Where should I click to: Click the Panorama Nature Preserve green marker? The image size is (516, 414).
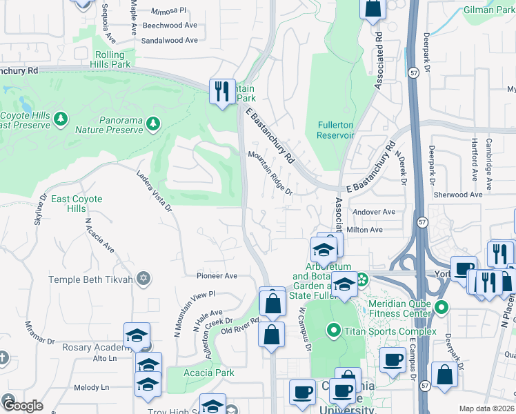152,124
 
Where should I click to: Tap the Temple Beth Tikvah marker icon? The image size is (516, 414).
143,279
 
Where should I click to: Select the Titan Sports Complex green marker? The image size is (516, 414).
334,331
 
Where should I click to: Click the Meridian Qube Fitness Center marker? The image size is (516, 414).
441,306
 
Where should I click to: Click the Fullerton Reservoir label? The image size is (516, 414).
335,130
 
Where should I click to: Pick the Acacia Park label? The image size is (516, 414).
209,373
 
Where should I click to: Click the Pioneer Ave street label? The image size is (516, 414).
217,275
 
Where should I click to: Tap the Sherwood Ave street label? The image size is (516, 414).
457,195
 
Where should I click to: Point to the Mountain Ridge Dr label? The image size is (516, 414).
271,173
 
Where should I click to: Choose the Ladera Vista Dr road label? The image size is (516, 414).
153,191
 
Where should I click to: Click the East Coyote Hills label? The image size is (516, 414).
77,204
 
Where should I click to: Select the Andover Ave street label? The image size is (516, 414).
373,212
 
